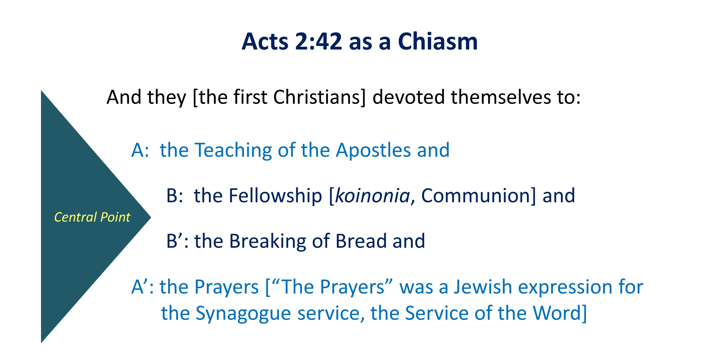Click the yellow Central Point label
click(x=92, y=217)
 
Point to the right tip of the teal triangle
click(x=151, y=217)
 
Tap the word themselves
click(x=501, y=97)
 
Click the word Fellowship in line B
click(x=275, y=196)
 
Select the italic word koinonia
click(x=372, y=196)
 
